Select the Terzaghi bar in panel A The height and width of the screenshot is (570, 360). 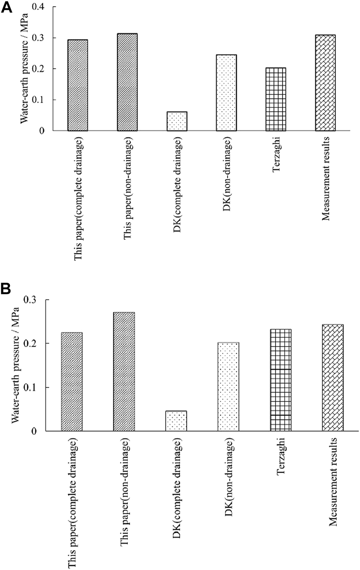[x=276, y=99]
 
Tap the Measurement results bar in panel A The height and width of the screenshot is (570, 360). [x=325, y=83]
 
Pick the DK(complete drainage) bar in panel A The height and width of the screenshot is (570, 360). [x=177, y=121]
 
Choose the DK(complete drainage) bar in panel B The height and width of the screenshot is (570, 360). [x=176, y=421]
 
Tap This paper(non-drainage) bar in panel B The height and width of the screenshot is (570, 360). [x=124, y=372]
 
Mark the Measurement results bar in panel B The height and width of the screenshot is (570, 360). [x=333, y=378]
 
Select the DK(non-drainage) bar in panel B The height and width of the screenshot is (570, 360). [x=228, y=387]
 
